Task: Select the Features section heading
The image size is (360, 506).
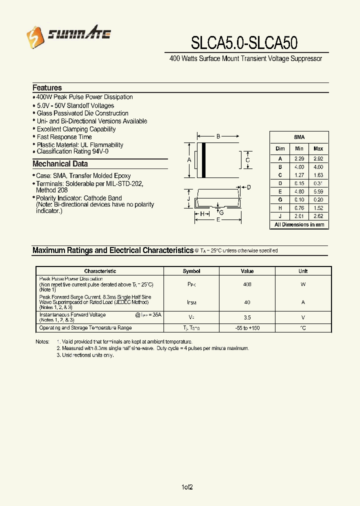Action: [x=47, y=87]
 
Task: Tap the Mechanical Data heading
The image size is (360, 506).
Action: [x=60, y=164]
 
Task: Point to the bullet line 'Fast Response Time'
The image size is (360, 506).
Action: [x=64, y=137]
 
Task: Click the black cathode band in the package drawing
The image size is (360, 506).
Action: [x=203, y=160]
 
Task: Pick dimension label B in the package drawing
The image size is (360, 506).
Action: [x=218, y=136]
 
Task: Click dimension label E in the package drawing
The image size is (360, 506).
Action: [x=218, y=220]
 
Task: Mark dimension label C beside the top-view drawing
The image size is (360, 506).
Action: [x=247, y=160]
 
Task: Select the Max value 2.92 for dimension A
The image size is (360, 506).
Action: [x=318, y=158]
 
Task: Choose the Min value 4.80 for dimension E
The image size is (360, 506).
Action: [x=299, y=191]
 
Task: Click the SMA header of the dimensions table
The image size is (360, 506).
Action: [x=299, y=137]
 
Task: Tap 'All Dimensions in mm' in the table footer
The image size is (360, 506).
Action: [x=299, y=224]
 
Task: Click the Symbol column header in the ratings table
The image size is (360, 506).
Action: [x=191, y=271]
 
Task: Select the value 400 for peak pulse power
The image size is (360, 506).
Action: [x=247, y=284]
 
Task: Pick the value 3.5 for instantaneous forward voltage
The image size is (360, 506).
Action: [x=247, y=317]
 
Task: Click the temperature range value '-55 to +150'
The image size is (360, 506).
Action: [x=247, y=328]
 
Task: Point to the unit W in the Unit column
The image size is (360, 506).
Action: [x=303, y=284]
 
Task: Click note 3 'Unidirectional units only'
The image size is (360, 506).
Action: [x=85, y=355]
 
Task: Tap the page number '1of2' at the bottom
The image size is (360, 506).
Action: [x=186, y=487]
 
